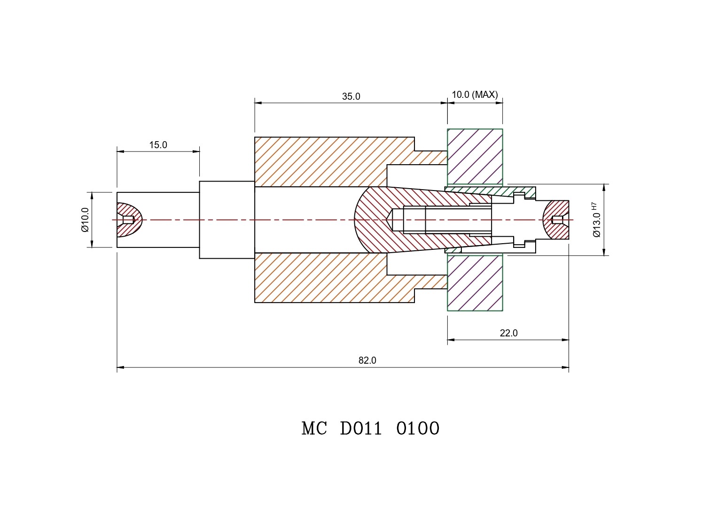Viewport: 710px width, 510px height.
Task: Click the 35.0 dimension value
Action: pyautogui.click(x=351, y=96)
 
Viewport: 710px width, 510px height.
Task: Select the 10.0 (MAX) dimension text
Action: pyautogui.click(x=475, y=95)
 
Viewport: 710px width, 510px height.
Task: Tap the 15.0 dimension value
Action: pyautogui.click(x=158, y=145)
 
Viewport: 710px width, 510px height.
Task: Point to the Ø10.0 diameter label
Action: pyautogui.click(x=85, y=220)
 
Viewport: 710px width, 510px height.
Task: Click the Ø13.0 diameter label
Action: pyautogui.click(x=596, y=225)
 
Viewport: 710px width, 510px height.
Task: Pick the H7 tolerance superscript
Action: pyautogui.click(x=594, y=206)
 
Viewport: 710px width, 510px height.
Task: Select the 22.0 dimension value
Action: pyautogui.click(x=508, y=333)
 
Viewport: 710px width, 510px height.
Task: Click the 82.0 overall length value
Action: pyautogui.click(x=367, y=360)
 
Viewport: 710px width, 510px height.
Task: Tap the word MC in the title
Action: pyautogui.click(x=314, y=429)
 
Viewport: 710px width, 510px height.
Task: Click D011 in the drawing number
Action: pyautogui.click(x=361, y=429)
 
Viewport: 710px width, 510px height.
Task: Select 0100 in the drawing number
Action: pyautogui.click(x=418, y=429)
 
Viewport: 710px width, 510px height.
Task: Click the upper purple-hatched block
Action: pyautogui.click(x=475, y=156)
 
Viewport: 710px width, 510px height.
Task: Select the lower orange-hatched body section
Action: pyautogui.click(x=324, y=278)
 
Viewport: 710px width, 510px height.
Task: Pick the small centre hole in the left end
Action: pyautogui.click(x=128, y=220)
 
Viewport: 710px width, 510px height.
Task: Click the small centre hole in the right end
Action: pyautogui.click(x=557, y=220)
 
